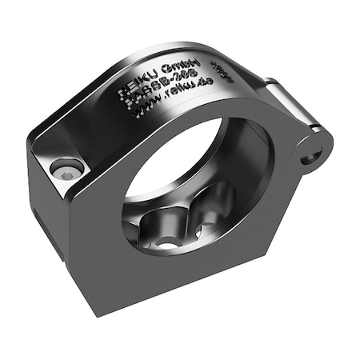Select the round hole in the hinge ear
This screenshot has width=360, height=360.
click(x=309, y=156)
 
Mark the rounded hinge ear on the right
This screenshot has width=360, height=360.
click(x=312, y=148)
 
